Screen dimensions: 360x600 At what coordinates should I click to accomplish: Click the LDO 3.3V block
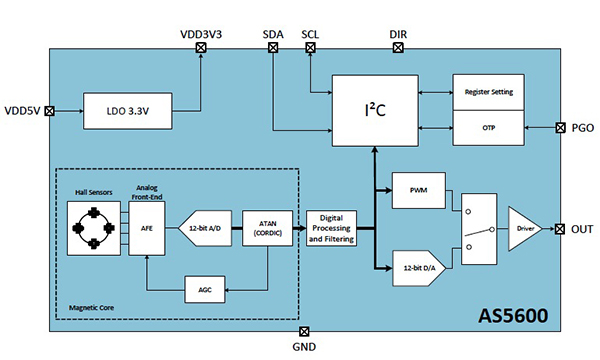[x=127, y=111]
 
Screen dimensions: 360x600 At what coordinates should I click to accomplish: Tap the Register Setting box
[x=488, y=91]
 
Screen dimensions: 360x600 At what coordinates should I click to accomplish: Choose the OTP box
[x=488, y=127]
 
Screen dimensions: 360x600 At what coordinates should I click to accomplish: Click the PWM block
[x=418, y=188]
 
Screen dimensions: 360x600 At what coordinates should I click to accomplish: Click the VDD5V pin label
[x=21, y=111]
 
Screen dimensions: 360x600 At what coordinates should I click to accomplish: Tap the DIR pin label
[x=398, y=35]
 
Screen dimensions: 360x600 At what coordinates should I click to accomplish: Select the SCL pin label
[x=313, y=35]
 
